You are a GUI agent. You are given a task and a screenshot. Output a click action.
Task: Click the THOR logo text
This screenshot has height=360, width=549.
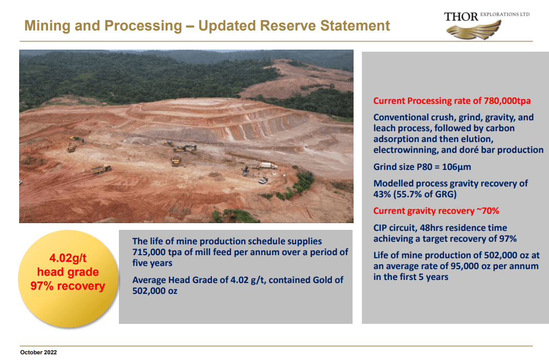tap(461, 16)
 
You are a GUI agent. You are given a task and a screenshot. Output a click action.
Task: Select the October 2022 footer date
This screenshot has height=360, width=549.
tap(38, 352)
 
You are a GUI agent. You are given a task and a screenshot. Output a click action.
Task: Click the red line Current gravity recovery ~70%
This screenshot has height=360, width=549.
tap(436, 211)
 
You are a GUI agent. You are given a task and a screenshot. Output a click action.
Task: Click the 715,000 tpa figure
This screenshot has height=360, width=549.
tap(159, 252)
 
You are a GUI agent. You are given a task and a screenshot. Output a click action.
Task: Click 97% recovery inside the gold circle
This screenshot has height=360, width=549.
tap(68, 286)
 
